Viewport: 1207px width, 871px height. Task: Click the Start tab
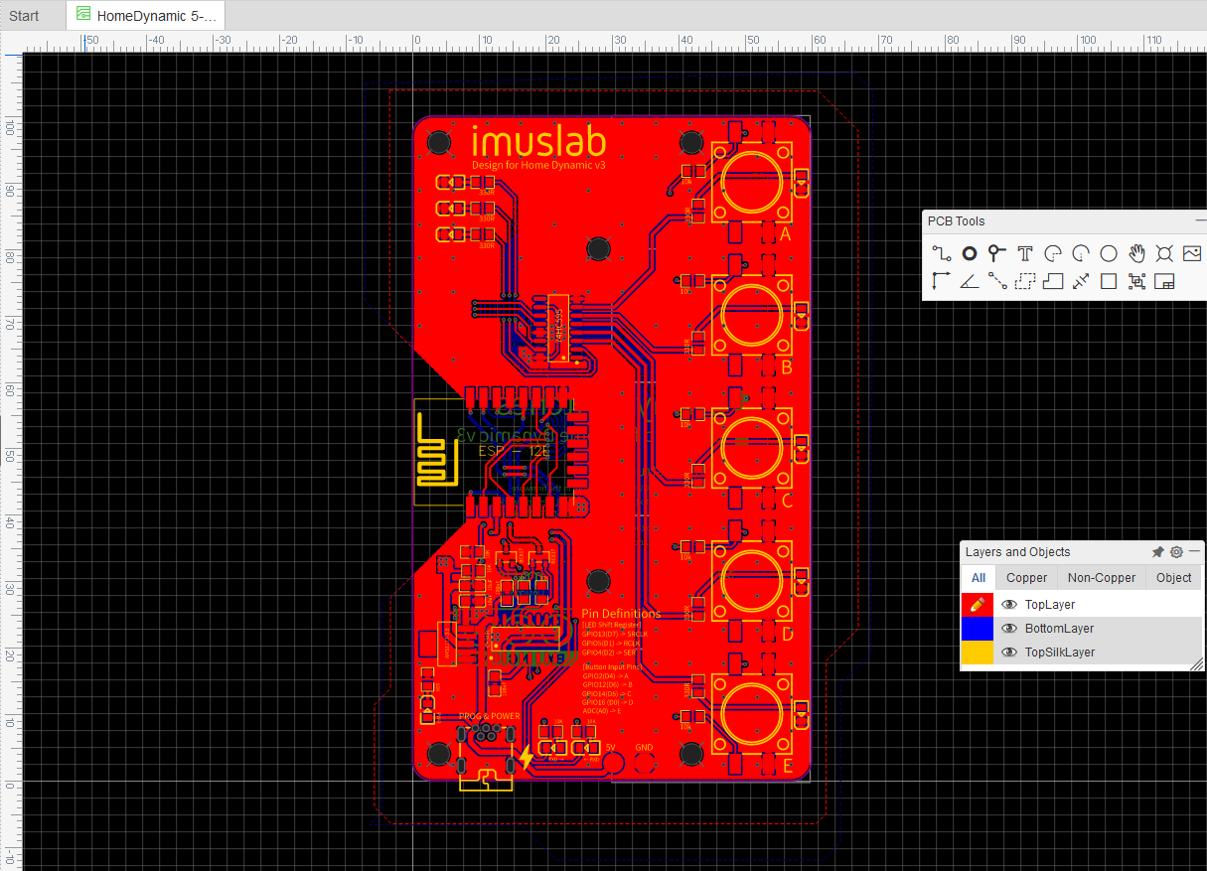24,15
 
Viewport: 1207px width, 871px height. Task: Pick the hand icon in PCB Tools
1136,253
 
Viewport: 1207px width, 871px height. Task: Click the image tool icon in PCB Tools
1192,253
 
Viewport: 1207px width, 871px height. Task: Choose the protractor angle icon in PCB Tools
971,281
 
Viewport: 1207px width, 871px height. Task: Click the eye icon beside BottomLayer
1009,629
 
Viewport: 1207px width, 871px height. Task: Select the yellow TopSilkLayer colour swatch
977,653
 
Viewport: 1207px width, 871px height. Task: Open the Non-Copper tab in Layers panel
1101,577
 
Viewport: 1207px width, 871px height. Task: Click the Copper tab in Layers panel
1026,577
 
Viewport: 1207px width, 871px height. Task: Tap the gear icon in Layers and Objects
1176,552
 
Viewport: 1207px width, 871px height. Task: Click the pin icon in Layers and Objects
1157,552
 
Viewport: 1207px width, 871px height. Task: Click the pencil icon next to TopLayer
977,604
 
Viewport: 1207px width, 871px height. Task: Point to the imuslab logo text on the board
538,142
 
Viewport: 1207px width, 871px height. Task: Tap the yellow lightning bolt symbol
527,759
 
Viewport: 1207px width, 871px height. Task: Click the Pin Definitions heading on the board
621,614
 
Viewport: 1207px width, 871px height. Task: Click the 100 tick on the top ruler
1088,40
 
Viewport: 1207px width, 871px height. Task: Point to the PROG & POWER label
490,716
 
